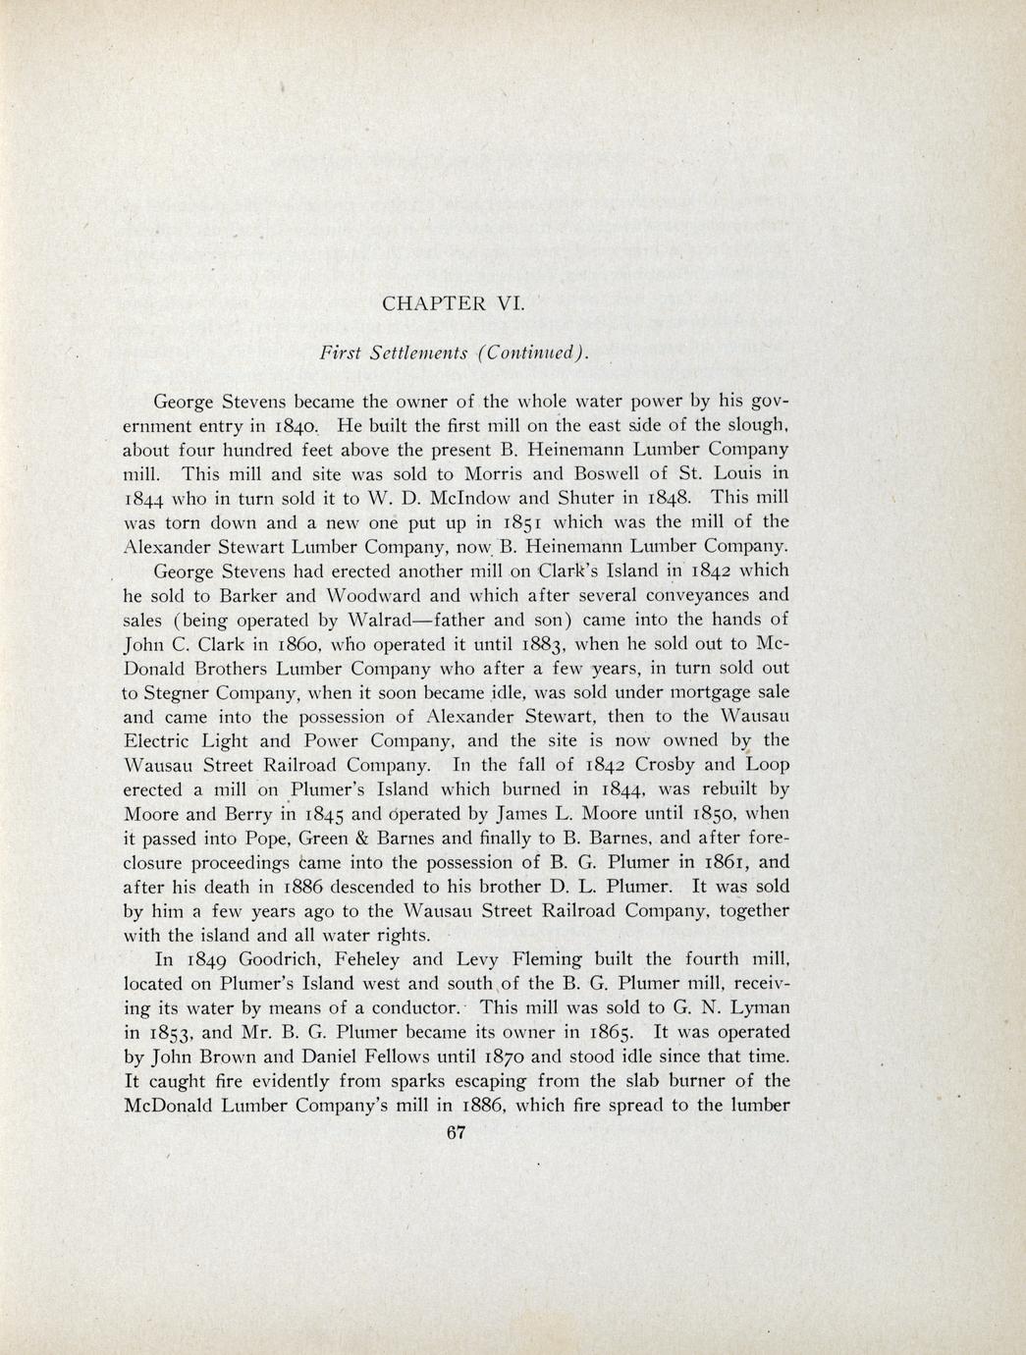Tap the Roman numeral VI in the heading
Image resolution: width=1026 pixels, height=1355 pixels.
[x=512, y=302]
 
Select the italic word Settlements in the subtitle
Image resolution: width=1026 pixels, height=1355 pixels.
[x=405, y=352]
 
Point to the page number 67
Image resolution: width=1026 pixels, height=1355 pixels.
[x=455, y=1132]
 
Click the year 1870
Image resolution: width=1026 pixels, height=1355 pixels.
[x=513, y=1057]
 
